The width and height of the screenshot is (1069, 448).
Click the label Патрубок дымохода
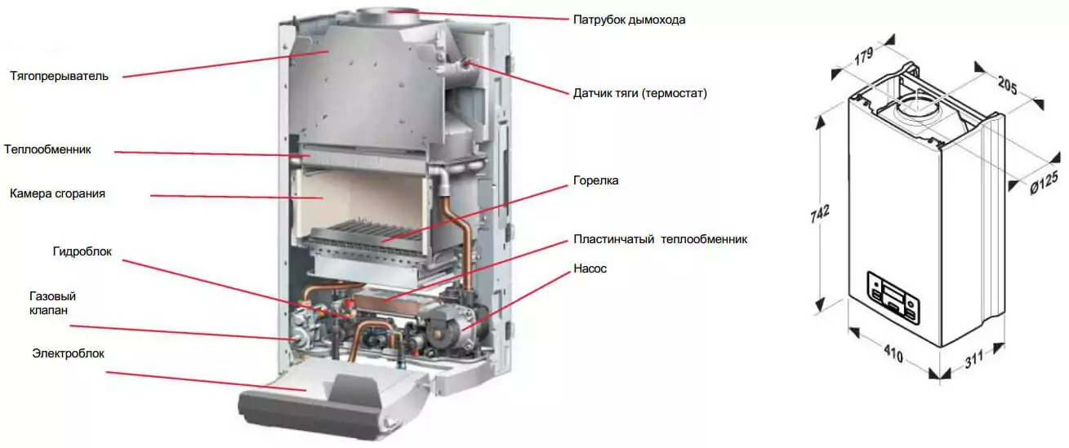point(629,20)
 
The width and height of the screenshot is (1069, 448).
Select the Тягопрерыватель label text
point(59,76)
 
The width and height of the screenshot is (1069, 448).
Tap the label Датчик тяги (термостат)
point(640,93)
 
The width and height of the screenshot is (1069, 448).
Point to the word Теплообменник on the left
point(47,149)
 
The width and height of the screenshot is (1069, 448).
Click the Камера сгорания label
point(57,193)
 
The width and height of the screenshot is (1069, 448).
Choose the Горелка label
point(595,181)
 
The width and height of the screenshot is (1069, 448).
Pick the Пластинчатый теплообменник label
point(660,239)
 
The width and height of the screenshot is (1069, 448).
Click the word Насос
point(590,268)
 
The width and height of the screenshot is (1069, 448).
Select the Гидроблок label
point(82,251)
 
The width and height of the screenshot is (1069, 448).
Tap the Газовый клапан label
point(52,303)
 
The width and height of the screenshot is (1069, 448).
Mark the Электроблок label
point(69,353)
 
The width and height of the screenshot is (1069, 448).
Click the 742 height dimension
point(820,214)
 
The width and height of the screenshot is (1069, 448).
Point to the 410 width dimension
point(893,353)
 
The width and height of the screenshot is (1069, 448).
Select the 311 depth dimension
point(974,359)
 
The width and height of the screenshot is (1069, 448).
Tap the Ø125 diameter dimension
point(1044,184)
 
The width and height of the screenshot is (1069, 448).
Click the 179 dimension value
point(864,55)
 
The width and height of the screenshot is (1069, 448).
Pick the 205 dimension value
point(1008,86)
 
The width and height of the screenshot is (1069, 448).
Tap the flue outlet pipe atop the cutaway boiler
point(388,16)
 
